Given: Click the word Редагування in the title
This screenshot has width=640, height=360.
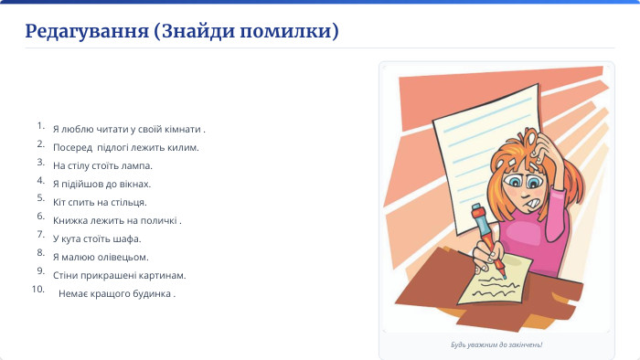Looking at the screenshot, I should tap(87, 32).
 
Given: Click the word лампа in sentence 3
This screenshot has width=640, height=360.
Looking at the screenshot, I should tap(136, 165).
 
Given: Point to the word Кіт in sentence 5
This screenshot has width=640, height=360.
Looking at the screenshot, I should tap(60, 202).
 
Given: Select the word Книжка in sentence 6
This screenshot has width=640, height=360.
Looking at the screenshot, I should tap(69, 220).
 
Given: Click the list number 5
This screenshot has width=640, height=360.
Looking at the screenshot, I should tap(40, 197).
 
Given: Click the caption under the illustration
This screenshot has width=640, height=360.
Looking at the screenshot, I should tap(496, 344).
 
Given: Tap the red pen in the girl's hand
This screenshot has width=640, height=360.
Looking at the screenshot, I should tap(487, 238).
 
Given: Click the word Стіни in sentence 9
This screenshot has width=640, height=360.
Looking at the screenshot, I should tap(65, 275).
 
